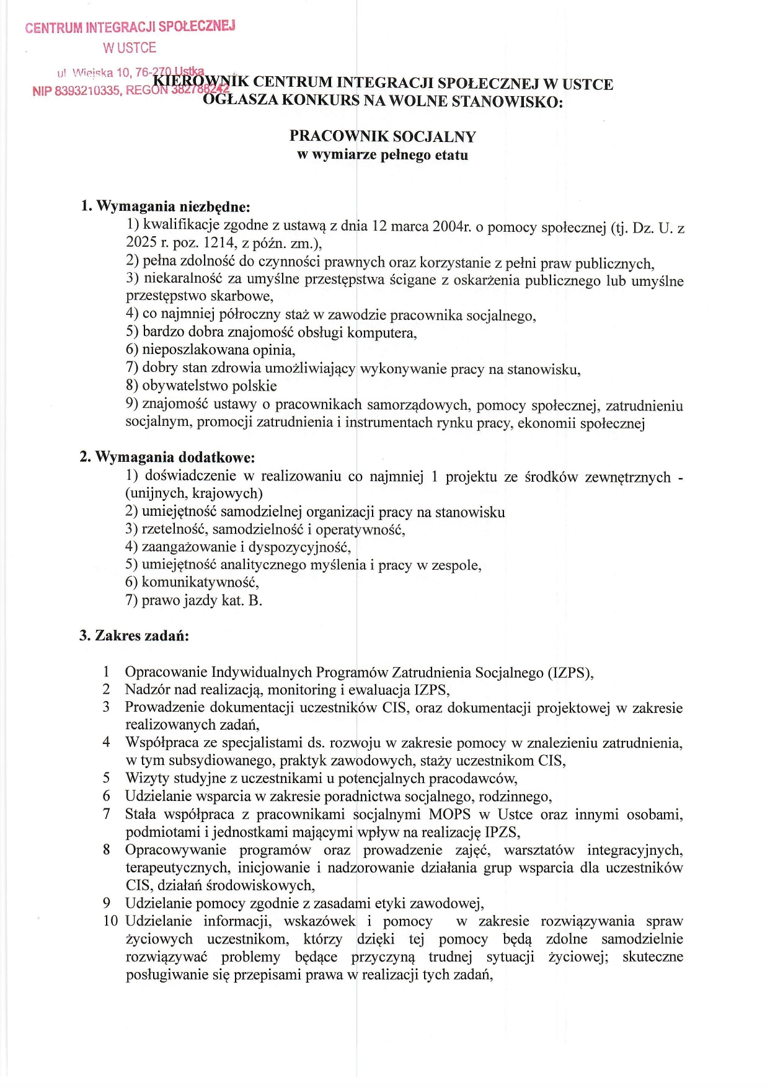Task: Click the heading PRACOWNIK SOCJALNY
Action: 383,136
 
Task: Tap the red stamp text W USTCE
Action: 130,48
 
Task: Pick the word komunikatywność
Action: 200,582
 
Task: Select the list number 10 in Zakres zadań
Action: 110,921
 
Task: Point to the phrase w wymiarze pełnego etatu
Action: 383,155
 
